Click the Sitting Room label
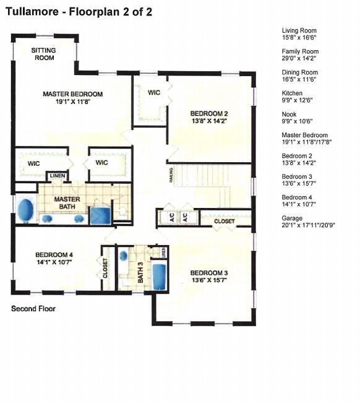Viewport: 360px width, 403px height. point(44,54)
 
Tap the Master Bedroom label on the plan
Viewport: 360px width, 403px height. point(72,98)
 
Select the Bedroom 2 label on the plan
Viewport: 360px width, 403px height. point(209,117)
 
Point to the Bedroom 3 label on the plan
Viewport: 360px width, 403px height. point(209,276)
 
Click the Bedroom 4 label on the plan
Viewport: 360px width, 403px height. point(54,258)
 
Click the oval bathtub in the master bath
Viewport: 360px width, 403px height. point(25,210)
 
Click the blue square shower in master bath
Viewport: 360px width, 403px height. point(100,215)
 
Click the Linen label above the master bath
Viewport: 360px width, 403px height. point(57,176)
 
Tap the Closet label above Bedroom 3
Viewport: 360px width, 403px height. point(224,221)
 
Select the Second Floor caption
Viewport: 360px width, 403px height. point(33,308)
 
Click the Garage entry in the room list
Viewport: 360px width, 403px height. point(298,222)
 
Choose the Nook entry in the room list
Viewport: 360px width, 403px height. point(289,118)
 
